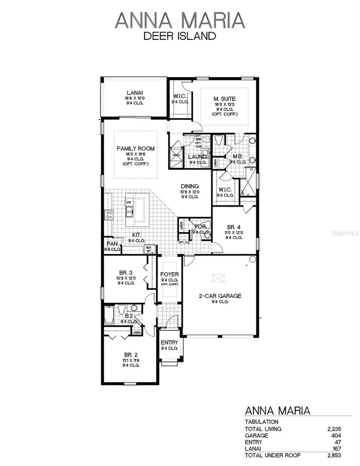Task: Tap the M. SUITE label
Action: pyautogui.click(x=224, y=98)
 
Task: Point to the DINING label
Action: pyautogui.click(x=190, y=186)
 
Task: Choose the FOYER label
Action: pyautogui.click(x=169, y=274)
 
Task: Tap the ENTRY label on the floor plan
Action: pyautogui.click(x=169, y=343)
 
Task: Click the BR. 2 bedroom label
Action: pyautogui.click(x=130, y=354)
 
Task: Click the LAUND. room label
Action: pyautogui.click(x=198, y=157)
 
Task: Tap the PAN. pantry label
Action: pyautogui.click(x=112, y=244)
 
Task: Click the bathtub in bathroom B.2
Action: pyautogui.click(x=109, y=315)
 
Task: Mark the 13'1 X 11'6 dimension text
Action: pyautogui.click(x=130, y=360)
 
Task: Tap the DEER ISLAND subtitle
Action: pyautogui.click(x=180, y=36)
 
